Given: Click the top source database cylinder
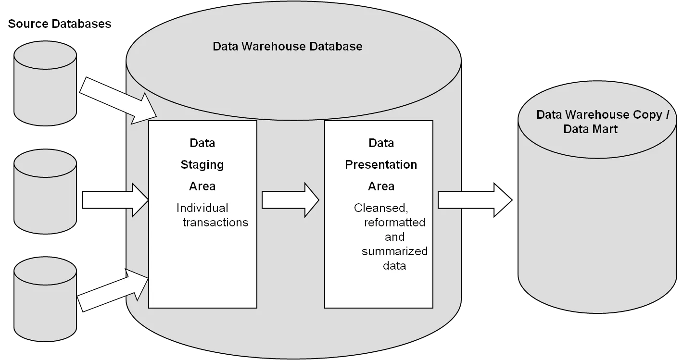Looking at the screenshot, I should pos(45,84).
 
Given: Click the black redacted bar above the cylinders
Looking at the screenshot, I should pos(60,25).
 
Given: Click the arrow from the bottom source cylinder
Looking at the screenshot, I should pos(114,291).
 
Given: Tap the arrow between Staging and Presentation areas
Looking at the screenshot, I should pos(290,199).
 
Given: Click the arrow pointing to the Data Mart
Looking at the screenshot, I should pos(474,199).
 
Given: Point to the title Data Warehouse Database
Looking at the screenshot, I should pos(287,47).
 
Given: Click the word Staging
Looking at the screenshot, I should pos(202,165).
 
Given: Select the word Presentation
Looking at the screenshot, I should pos(381,165).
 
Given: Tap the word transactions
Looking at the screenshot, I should pos(215,223).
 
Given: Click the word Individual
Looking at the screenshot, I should pos(202,208).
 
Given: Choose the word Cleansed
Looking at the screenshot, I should pos(381,208).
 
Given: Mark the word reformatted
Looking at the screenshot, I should pos(394,223).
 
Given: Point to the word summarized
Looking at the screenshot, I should pos(394,251).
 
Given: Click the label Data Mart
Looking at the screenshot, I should pos(590,129).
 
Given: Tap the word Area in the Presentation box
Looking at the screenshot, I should pos(381,186).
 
